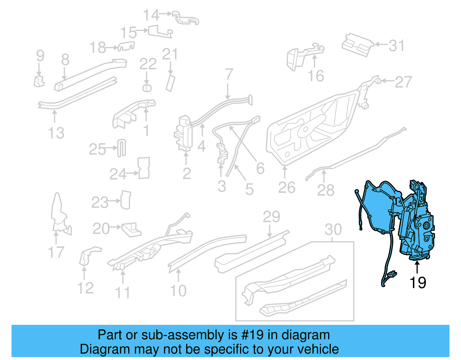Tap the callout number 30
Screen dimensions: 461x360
[333, 229]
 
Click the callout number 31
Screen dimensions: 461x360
[396, 46]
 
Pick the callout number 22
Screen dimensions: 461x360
[148, 64]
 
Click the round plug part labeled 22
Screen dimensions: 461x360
[147, 88]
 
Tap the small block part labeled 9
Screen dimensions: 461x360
[39, 81]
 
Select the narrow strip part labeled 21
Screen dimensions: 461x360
[171, 84]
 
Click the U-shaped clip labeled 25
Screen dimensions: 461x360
[122, 148]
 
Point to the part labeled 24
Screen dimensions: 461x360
[144, 168]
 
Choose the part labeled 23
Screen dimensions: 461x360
[126, 199]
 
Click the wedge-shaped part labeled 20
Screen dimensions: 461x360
[131, 229]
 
